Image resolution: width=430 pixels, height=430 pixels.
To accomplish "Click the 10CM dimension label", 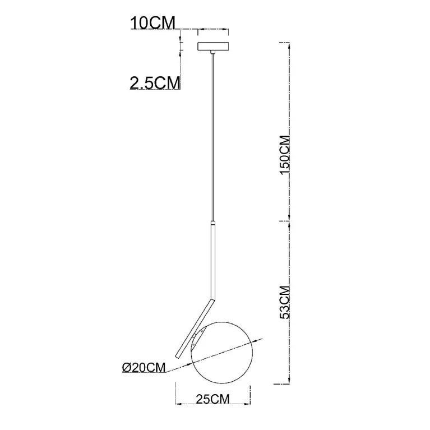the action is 152,23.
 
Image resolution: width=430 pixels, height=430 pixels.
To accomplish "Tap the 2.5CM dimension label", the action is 155,83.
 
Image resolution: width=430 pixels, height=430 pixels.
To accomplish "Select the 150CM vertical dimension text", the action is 285,155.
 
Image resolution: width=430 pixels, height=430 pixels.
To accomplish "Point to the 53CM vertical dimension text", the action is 285,303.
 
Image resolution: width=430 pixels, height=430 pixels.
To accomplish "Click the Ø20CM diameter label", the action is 144,367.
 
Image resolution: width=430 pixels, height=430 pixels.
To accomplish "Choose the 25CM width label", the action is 212,399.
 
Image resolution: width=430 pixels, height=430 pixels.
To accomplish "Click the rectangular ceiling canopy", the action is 213,47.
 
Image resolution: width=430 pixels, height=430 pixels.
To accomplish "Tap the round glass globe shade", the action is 222,353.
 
